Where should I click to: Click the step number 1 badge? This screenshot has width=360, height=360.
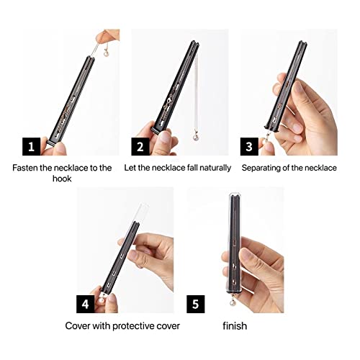[x=32, y=146]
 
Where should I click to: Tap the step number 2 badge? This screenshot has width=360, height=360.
[x=140, y=146]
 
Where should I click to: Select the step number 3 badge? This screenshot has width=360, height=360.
[x=249, y=146]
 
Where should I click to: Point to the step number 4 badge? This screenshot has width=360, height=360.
[x=85, y=304]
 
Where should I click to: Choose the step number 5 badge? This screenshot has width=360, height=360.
[x=196, y=304]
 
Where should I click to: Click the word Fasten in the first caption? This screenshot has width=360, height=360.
[x=25, y=168]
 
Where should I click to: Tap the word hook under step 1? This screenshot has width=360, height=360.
[x=62, y=179]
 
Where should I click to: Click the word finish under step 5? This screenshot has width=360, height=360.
[x=235, y=326]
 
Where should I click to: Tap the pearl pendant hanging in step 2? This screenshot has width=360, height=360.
[x=197, y=137]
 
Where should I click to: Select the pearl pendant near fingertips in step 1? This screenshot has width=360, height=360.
[x=106, y=53]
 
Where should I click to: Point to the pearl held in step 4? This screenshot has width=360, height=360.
[x=102, y=300]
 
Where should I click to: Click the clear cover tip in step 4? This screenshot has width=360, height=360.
[x=143, y=205]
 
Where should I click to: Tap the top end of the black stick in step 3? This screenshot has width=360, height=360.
[x=303, y=43]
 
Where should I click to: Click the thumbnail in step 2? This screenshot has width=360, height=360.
[x=164, y=137]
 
